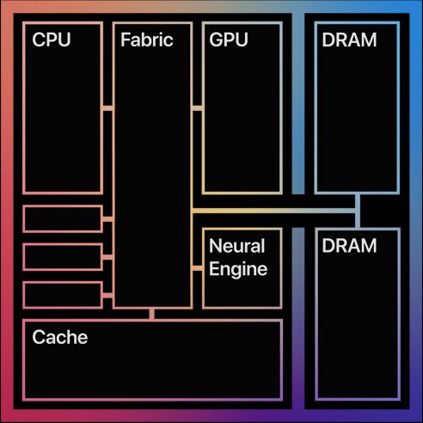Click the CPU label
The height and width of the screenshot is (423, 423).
click(52, 40)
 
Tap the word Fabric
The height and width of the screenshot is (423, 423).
click(147, 40)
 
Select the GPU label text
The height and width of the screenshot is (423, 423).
click(229, 40)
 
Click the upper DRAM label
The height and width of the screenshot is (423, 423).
click(349, 40)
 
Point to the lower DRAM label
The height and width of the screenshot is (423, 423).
click(349, 246)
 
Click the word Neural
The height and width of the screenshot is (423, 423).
click(236, 246)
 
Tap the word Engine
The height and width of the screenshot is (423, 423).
click(238, 269)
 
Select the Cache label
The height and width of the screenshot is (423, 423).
click(60, 337)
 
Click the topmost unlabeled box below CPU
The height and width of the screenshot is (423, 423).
click(63, 219)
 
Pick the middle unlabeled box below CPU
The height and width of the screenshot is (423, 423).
click(63, 257)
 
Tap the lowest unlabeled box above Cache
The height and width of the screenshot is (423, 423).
click(63, 295)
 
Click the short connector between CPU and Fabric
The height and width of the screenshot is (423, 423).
click(107, 108)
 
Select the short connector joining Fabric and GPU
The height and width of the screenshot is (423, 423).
click(197, 108)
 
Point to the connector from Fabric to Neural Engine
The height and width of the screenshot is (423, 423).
click(197, 268)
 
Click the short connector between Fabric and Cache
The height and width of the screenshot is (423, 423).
click(152, 314)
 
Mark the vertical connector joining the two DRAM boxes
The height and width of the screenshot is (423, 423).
click(358, 211)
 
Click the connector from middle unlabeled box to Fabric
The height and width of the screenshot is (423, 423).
click(107, 257)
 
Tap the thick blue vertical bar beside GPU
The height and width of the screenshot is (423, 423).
click(298, 103)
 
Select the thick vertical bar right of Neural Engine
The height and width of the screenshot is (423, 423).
click(298, 318)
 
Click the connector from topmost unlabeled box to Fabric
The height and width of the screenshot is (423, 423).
click(107, 219)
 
